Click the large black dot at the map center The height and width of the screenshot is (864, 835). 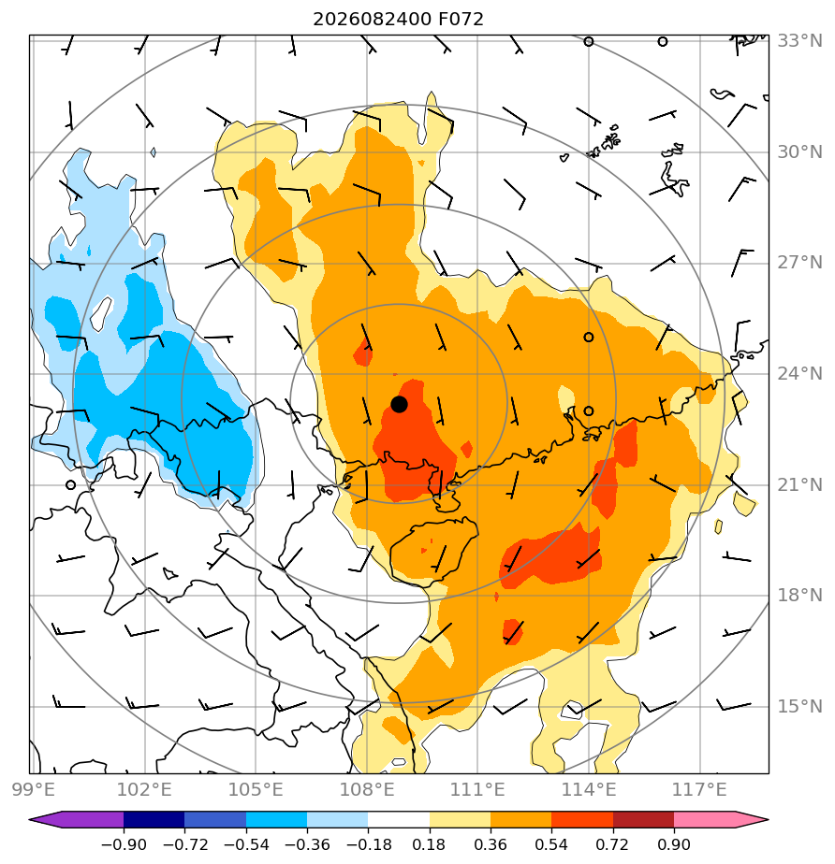coord(399,404)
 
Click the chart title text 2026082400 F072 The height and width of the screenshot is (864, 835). coord(398,20)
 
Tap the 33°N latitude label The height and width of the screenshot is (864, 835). coord(799,41)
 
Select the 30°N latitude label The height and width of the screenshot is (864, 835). coord(799,152)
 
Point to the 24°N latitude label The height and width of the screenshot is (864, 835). coord(799,374)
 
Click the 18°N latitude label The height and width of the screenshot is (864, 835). coord(799,596)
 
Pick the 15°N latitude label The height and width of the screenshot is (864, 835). coord(799,706)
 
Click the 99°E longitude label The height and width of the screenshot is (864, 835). coord(34,789)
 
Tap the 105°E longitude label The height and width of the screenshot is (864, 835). coord(256,789)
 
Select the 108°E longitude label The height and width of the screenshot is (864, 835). coord(367,789)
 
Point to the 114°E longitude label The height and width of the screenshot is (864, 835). coord(589,789)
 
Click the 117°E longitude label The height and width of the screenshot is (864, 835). coord(699,789)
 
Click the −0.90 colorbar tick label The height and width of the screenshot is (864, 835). coord(124,844)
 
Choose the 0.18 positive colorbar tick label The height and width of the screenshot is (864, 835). coord(429,844)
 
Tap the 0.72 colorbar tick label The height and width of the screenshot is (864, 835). coord(612,844)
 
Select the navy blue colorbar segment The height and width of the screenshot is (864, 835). coord(154,819)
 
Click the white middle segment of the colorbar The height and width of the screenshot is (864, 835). coord(399,819)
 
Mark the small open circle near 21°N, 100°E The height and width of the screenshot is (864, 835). coord(70,485)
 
